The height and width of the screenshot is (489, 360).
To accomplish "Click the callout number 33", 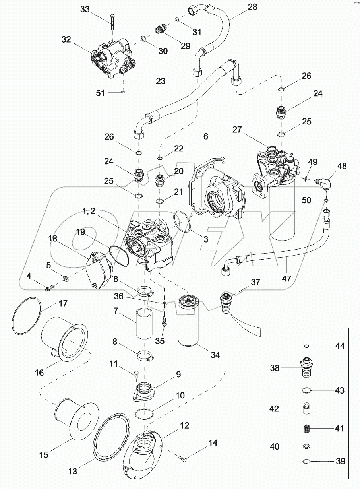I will (85, 9).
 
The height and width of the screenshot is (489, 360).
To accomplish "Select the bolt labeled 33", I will (113, 21).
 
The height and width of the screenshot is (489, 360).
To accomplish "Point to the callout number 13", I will (72, 472).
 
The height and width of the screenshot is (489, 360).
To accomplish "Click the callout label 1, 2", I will (89, 212).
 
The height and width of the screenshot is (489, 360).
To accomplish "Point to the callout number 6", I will (205, 136).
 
